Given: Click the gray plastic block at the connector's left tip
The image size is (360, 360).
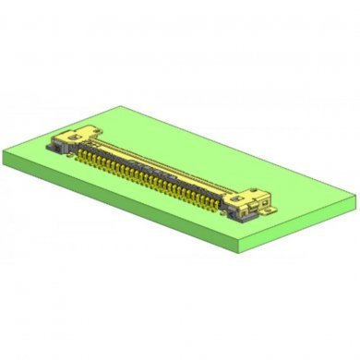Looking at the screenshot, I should (x=56, y=145).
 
